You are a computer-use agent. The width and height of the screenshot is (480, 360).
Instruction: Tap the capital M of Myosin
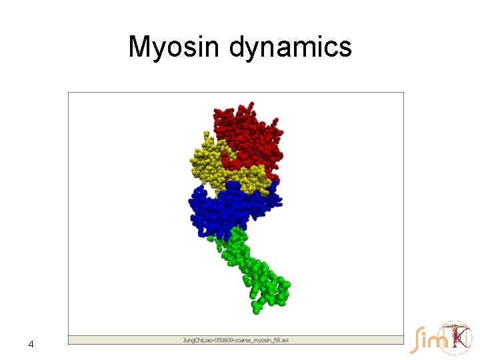click(140, 47)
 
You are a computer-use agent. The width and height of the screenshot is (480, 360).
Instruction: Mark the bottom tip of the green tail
click(256, 309)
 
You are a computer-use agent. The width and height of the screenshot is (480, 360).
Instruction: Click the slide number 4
click(31, 344)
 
